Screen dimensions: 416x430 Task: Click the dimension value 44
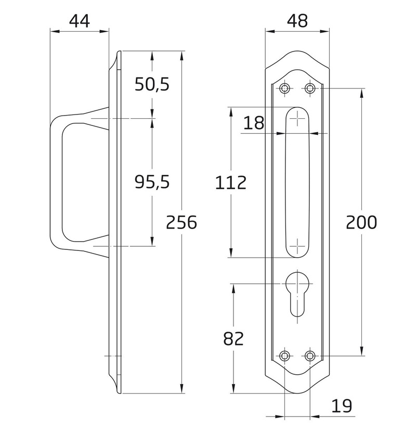[79, 21]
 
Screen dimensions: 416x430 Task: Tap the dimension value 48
[297, 21]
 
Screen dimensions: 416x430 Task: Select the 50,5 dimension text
[152, 84]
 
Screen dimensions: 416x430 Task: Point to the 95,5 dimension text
[152, 182]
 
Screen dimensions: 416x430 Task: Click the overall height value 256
[181, 222]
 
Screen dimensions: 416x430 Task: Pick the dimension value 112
[231, 183]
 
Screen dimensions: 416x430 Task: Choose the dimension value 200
[361, 222]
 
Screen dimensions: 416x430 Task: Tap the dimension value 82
[233, 339]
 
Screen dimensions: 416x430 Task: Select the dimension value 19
[342, 406]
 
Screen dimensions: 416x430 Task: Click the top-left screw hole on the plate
[285, 88]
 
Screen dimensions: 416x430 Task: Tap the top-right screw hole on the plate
[310, 88]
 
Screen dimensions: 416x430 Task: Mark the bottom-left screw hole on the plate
[285, 356]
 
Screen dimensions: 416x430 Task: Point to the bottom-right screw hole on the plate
[310, 356]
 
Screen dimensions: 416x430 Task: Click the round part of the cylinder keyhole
[297, 283]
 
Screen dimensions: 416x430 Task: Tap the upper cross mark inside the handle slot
[297, 119]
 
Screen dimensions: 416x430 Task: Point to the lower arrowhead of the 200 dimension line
[362, 351]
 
